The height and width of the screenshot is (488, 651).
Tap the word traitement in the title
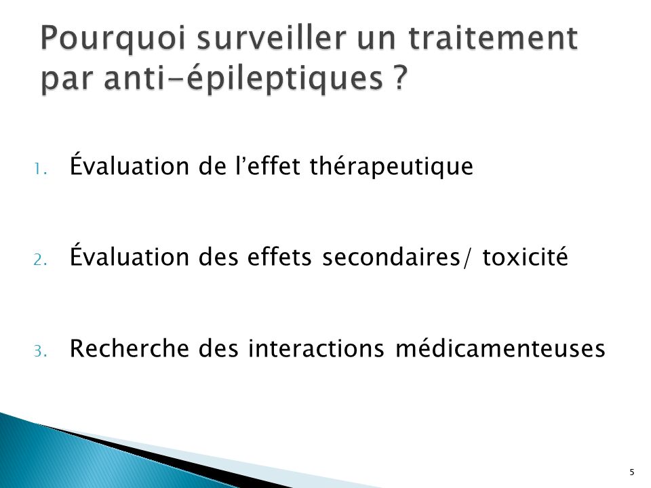tap(493, 37)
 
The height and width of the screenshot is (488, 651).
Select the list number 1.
tap(40, 169)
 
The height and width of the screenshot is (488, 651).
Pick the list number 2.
tap(40, 260)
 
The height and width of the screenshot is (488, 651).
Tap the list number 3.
tap(40, 352)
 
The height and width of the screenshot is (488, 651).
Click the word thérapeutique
tap(391, 167)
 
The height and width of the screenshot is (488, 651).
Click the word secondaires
tap(391, 256)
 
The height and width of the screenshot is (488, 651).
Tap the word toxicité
tap(525, 256)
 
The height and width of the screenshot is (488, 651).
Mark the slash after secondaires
tap(467, 257)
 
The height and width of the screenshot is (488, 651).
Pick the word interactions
tap(316, 348)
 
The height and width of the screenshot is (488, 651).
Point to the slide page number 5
tap(632, 472)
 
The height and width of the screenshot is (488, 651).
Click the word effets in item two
tap(279, 256)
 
